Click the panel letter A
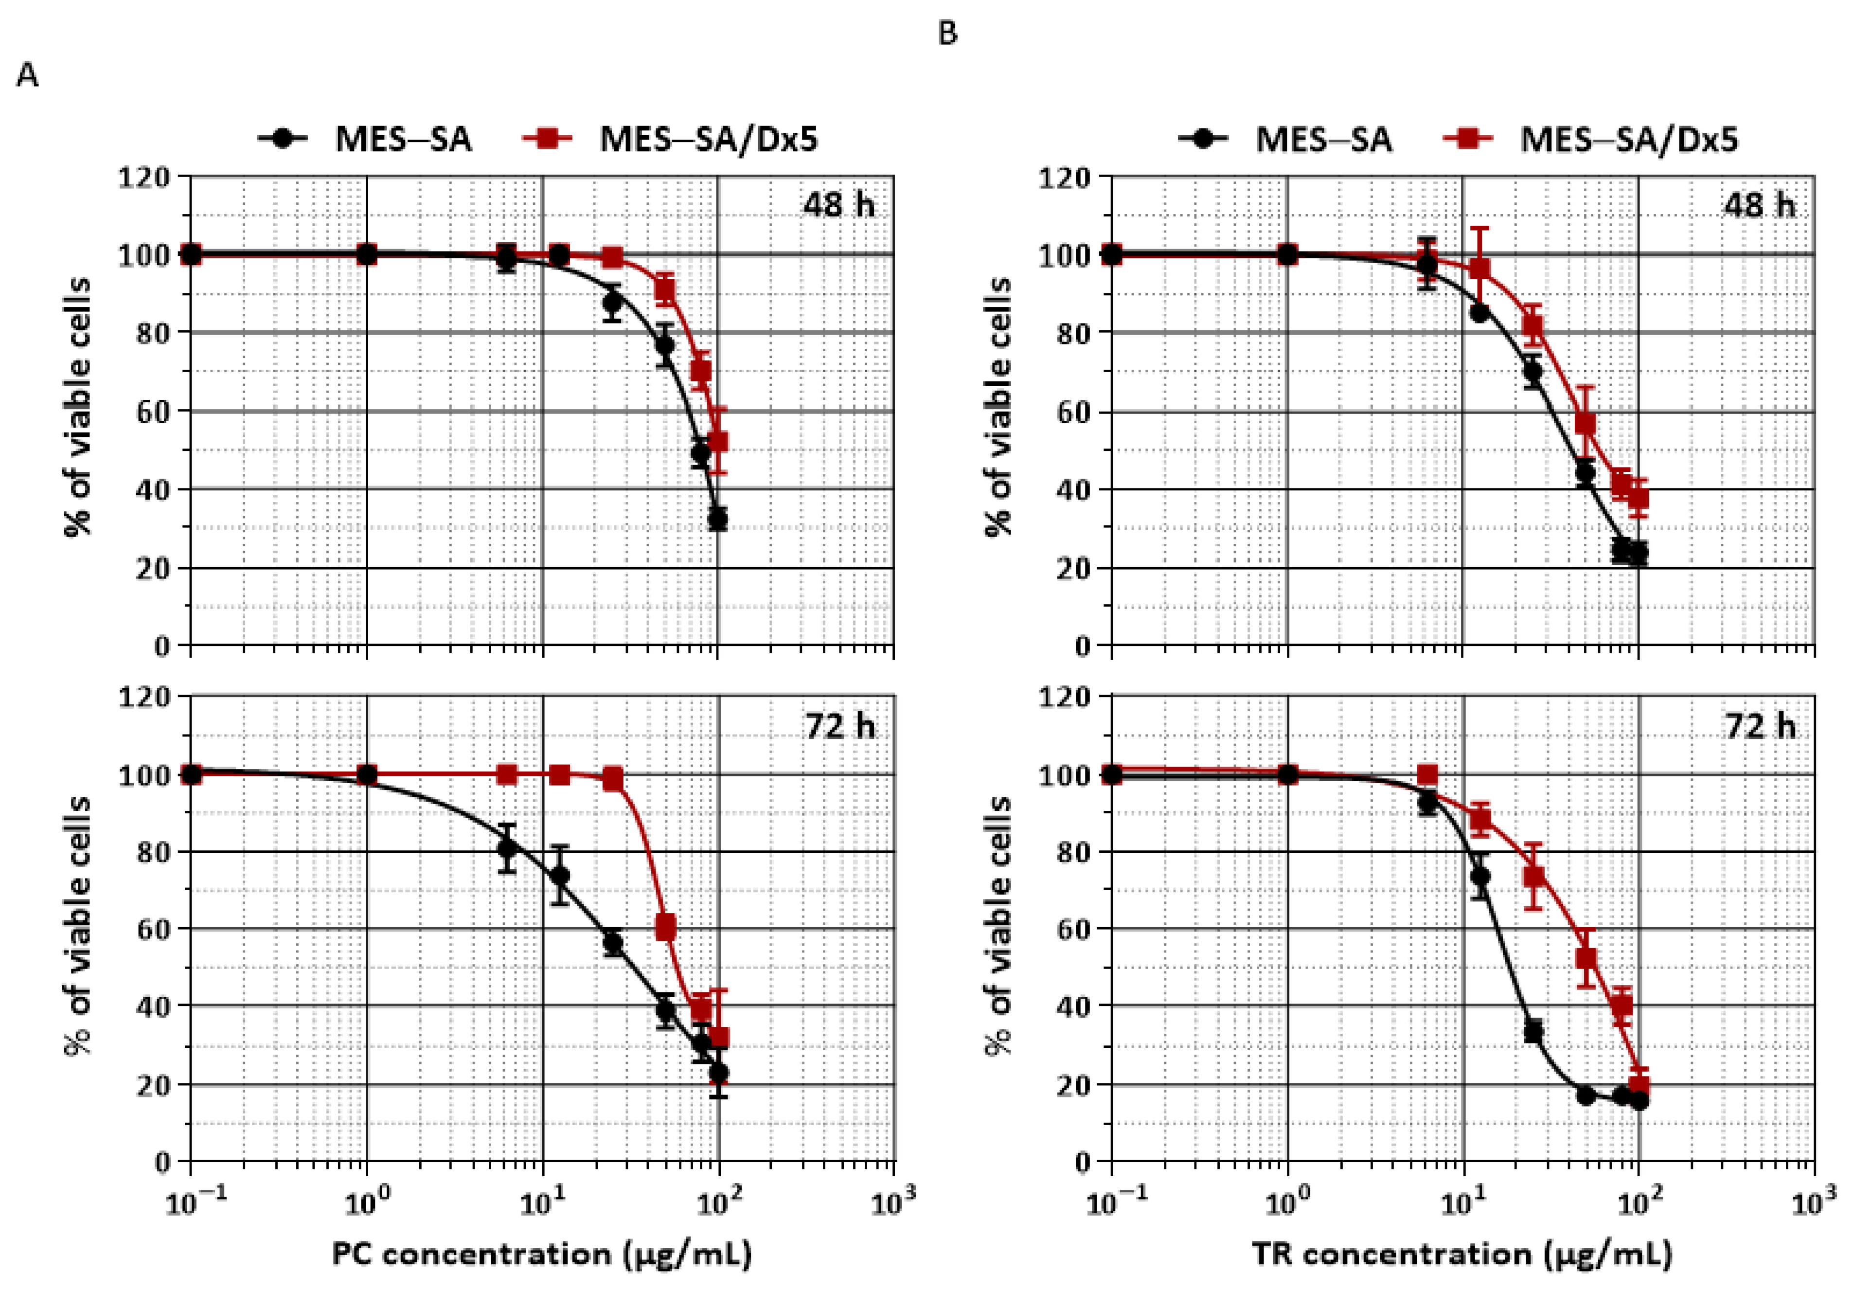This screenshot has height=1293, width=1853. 27,76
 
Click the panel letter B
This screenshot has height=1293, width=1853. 948,33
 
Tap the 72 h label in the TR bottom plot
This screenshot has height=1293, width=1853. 1760,726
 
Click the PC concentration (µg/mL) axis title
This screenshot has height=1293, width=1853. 541,1254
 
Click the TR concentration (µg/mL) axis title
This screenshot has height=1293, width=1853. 1461,1254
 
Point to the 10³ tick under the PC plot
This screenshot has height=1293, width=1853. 893,1203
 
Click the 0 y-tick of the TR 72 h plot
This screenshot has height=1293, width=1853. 1082,1162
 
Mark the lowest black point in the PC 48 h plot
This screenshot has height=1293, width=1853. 717,520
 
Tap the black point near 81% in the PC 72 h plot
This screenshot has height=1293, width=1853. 507,848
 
